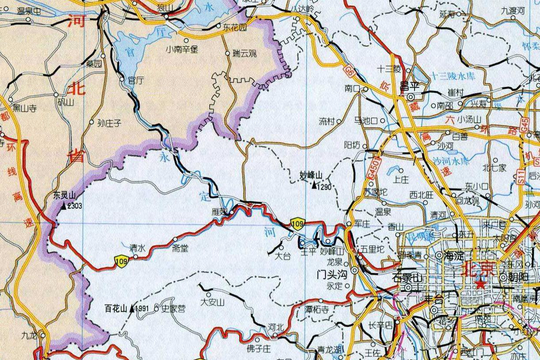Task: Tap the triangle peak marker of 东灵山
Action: (x=64, y=205)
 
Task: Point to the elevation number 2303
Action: (x=74, y=205)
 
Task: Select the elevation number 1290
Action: (x=324, y=187)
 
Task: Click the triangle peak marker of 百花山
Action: (x=132, y=309)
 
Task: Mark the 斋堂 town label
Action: (x=180, y=249)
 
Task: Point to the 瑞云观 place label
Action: (x=245, y=54)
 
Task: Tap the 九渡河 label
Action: (x=513, y=11)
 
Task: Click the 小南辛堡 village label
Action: (x=182, y=49)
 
